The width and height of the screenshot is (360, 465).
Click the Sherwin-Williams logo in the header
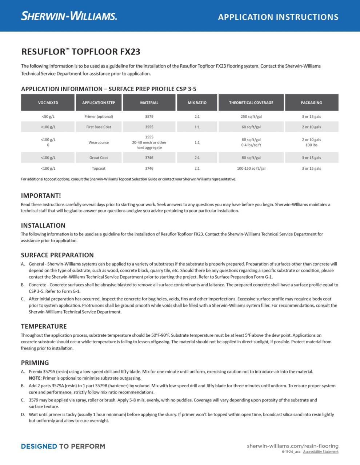pos(69,16)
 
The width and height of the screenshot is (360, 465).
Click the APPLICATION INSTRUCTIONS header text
pos(278,17)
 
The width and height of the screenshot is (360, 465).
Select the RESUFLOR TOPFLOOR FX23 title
pos(81,52)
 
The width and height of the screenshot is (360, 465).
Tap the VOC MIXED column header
pos(48,103)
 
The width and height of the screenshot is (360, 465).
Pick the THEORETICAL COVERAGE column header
pos(251,103)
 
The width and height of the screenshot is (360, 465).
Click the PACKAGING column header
pos(311,103)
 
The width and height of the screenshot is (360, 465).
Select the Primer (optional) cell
pos(99,117)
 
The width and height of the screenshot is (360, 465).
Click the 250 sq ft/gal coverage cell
pos(251,117)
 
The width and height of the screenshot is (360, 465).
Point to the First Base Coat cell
pos(99,127)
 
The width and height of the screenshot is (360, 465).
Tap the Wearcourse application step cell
pos(99,142)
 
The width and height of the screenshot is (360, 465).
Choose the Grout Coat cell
pos(99,158)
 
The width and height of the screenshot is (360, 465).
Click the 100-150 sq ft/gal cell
pos(251,169)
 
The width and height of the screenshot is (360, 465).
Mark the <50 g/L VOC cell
pos(48,117)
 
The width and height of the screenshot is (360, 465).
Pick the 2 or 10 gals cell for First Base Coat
pos(311,127)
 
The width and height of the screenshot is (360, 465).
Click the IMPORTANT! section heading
pos(41,195)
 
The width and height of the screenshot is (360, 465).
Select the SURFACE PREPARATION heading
pos(57,255)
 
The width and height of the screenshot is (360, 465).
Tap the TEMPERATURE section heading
pos(44,326)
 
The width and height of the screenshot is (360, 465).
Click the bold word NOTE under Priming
pos(35,378)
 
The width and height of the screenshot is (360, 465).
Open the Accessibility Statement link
pos(321,452)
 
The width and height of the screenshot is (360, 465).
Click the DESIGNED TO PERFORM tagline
pos(63,446)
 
